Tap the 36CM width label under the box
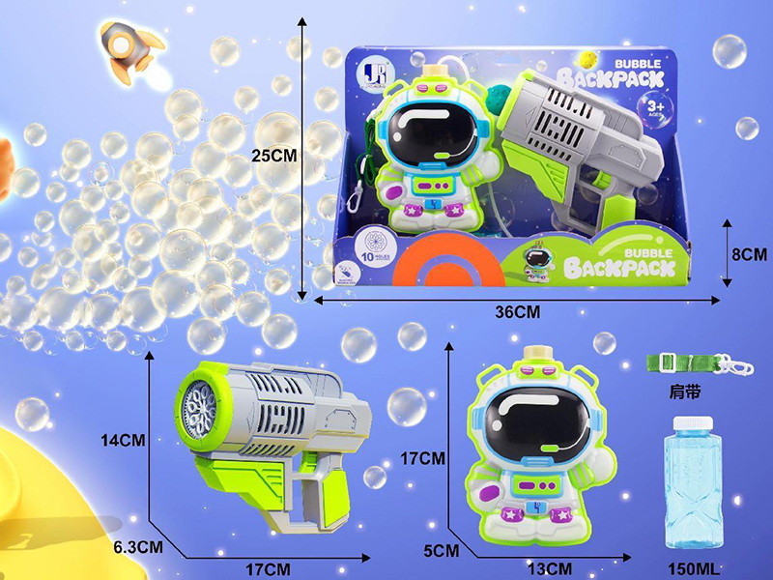click(518, 312)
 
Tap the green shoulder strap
click(681, 362)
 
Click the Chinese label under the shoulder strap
click(684, 393)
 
